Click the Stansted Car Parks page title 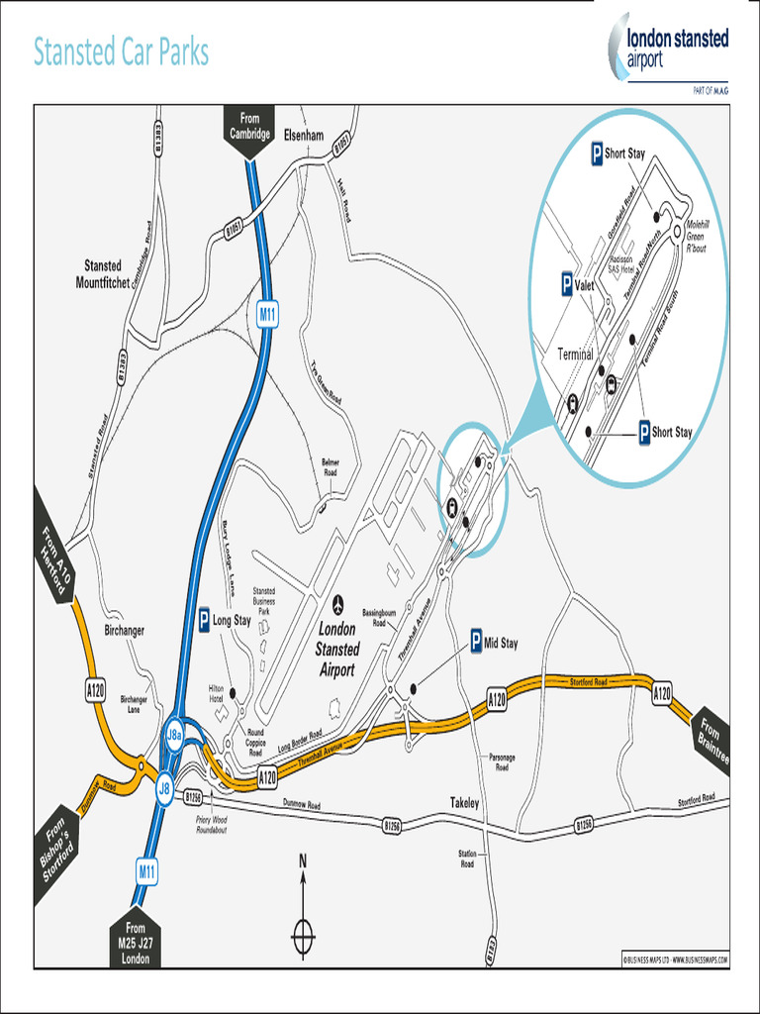(121, 52)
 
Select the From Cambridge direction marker (249, 129)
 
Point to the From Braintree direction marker (711, 738)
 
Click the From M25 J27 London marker (136, 942)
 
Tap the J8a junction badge (174, 735)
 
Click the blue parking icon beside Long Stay (204, 621)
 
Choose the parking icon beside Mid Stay (475, 643)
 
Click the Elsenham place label (304, 135)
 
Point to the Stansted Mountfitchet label (103, 274)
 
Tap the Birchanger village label (125, 631)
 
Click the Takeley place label (464, 803)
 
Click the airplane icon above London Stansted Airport (338, 604)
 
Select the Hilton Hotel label (217, 692)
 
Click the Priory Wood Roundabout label (212, 825)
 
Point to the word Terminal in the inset (575, 354)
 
